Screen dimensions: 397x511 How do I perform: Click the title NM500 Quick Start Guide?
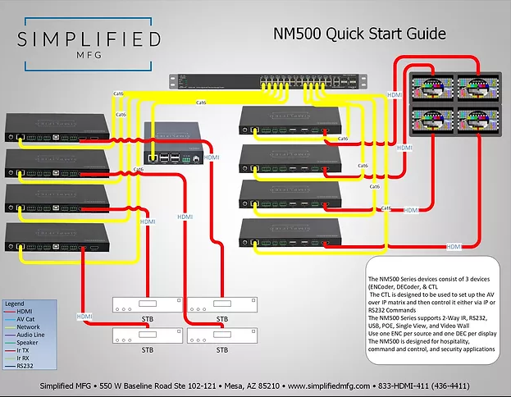359,34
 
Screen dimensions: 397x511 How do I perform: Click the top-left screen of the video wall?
431,86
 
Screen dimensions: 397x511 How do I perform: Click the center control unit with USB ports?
173,144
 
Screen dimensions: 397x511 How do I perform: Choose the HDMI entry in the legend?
25,312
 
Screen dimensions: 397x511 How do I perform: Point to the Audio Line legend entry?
32,334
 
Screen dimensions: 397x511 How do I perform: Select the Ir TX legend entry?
25,349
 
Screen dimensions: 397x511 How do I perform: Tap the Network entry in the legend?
28,326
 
